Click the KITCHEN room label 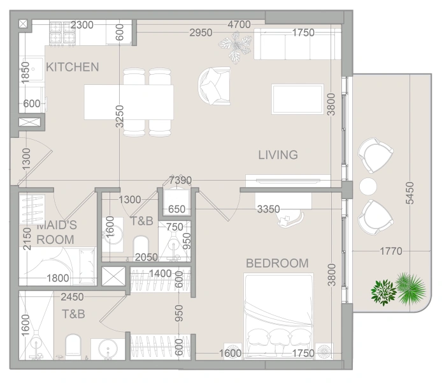click(x=73, y=67)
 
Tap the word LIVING click(x=278, y=154)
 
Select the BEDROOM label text click(x=277, y=263)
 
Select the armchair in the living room click(x=214, y=86)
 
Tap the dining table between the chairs click(x=129, y=102)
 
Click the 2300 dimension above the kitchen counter click(x=82, y=26)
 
